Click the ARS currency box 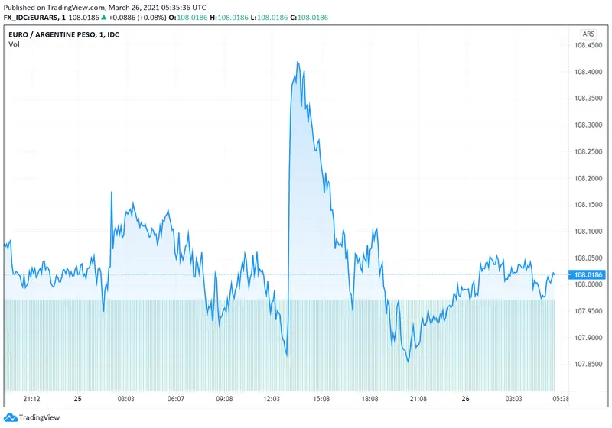point(588,34)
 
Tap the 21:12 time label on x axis point(31,399)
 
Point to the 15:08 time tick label point(321,399)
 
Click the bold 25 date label point(77,399)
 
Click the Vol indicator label point(15,44)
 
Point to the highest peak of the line point(298,63)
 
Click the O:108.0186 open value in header point(192,18)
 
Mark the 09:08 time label point(224,399)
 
